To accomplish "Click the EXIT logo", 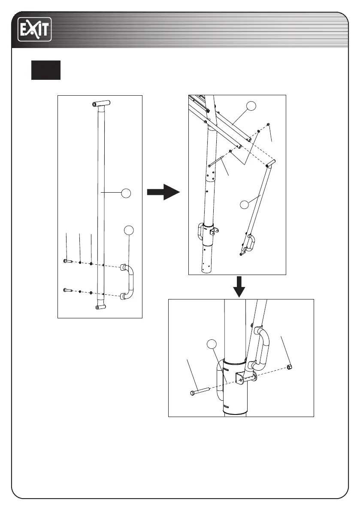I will click(34, 30).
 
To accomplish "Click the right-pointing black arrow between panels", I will click(162, 193).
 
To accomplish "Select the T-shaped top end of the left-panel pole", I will click(100, 104).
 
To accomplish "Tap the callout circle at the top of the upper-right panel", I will click(253, 106).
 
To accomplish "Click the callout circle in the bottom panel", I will click(211, 344).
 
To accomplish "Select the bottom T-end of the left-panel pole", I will click(100, 307).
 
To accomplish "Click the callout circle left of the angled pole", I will click(244, 205).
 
